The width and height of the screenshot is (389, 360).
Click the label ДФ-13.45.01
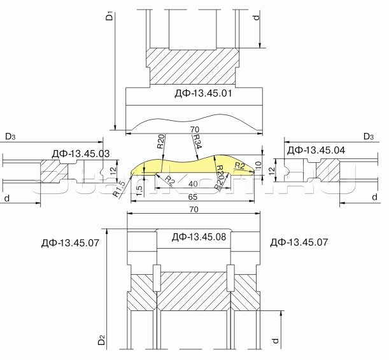(x=203, y=93)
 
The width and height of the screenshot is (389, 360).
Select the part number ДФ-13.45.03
(x=81, y=154)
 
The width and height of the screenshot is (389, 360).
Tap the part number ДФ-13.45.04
(x=316, y=150)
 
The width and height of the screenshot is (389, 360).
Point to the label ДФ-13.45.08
(x=199, y=237)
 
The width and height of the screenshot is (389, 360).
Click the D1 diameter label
(x=110, y=16)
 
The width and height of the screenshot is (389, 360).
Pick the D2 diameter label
(x=102, y=340)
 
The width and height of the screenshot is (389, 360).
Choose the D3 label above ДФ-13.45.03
(x=10, y=137)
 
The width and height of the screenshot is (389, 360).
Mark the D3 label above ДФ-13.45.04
(x=369, y=137)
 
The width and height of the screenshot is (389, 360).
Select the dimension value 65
(x=193, y=197)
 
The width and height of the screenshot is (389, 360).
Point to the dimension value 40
(x=193, y=184)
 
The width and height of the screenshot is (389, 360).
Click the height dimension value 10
(x=258, y=166)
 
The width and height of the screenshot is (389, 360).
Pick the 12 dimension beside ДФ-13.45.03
(x=113, y=170)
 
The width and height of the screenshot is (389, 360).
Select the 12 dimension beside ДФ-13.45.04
(x=272, y=170)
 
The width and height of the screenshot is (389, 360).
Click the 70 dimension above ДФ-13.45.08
(x=194, y=209)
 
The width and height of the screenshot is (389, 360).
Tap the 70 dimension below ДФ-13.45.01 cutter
(x=195, y=129)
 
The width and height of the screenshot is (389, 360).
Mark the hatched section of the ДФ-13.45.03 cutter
(x=54, y=171)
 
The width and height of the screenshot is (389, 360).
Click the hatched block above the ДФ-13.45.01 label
(x=192, y=66)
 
